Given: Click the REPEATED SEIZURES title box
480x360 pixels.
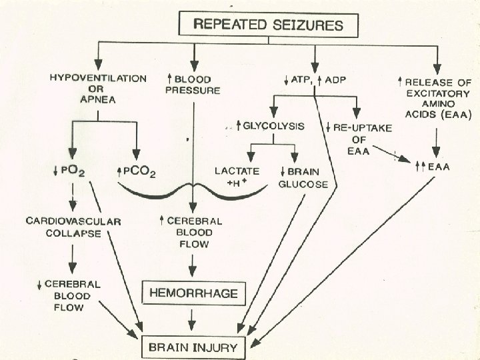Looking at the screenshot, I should pos(269,26).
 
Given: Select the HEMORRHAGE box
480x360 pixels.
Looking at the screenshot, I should pos(191,293).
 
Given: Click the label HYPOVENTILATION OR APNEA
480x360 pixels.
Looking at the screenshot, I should pos(98,89).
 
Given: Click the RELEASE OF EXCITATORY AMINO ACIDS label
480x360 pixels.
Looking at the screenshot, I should pos(435,97).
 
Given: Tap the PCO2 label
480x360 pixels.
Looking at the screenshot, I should pos(137,173).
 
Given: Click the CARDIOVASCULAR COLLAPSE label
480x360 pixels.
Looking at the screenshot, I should pos(73,226).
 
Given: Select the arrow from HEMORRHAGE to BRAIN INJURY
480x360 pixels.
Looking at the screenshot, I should pos(191,319).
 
